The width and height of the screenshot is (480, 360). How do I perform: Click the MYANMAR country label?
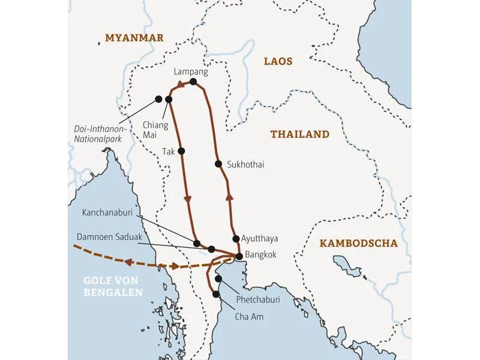point(134,38)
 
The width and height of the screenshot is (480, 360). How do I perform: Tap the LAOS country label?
point(278,61)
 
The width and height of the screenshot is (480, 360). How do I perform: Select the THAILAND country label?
point(299,134)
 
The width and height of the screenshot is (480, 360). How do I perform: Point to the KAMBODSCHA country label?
point(358,243)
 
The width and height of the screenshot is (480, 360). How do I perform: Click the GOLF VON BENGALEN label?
point(113,287)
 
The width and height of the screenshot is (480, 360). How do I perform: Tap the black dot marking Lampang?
point(193,82)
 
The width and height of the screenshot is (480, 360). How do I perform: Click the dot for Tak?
point(181,151)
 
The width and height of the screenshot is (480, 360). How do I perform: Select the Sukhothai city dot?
point(218,164)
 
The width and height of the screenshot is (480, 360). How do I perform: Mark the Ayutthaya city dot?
point(236,238)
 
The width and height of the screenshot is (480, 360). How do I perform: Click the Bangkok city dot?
point(239,257)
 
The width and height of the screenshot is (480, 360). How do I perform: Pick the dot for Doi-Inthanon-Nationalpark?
point(158,99)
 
